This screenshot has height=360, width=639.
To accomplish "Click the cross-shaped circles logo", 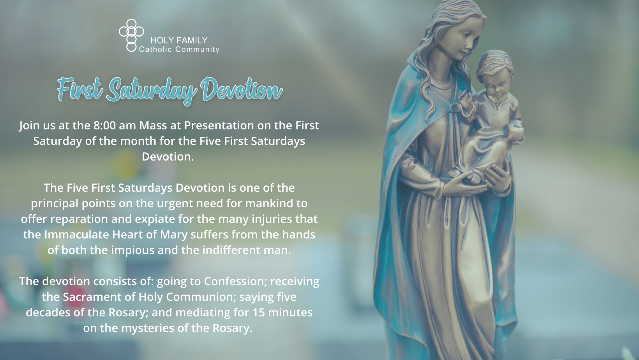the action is [131, 35].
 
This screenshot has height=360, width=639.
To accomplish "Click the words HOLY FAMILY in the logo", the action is [179, 40].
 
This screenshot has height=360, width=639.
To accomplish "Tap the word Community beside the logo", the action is [198, 49].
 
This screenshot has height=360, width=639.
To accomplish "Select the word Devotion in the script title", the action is [242, 89].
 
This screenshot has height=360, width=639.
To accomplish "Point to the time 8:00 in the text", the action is [104, 125].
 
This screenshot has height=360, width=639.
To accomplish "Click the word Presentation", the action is [219, 125].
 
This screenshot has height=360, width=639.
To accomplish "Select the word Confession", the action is [234, 281].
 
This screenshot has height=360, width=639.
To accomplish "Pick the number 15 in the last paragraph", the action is [258, 312].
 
